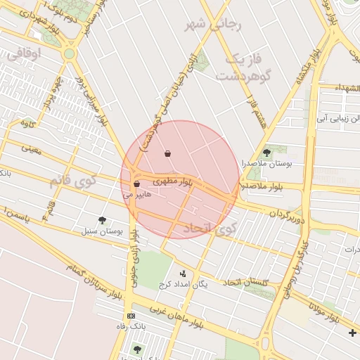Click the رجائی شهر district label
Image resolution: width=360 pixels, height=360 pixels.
coord(213,25)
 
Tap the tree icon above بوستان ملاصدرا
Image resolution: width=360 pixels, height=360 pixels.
coord(266,152)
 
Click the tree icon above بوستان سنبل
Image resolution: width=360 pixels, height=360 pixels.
coord(103,220)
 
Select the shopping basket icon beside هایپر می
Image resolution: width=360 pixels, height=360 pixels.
coord(136,184)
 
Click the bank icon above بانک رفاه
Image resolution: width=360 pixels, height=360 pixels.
coord(130,315)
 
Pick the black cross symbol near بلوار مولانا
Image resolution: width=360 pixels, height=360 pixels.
coord(352,332)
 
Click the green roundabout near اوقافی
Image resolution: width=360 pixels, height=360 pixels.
coord(69,53)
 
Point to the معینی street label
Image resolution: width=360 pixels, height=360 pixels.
coord(32,148)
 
